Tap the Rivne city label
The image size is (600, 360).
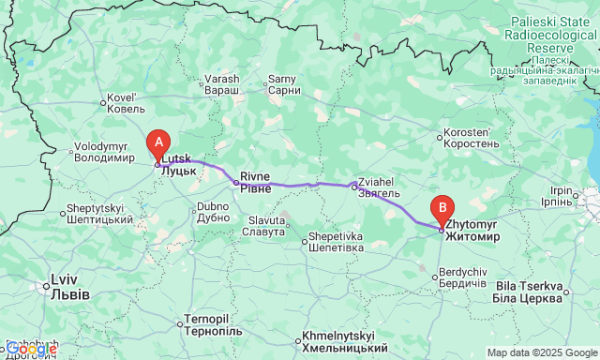click(x=255, y=182)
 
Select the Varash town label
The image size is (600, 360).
click(x=222, y=84)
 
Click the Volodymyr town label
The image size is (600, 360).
click(x=105, y=151)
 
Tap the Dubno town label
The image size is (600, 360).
click(x=214, y=211)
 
